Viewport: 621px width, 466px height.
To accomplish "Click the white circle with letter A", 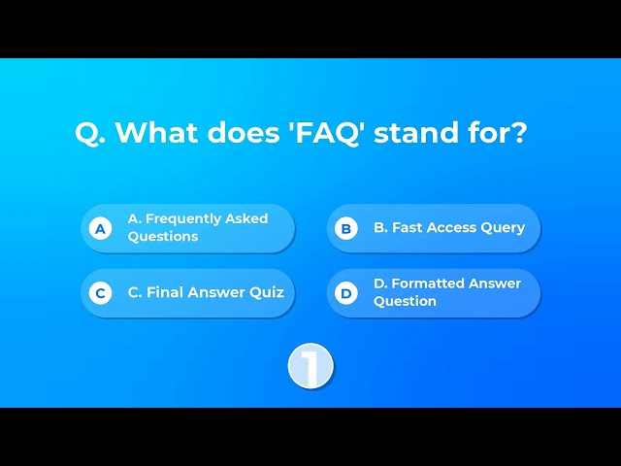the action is pyautogui.click(x=100, y=229).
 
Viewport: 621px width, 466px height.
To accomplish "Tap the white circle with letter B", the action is pyautogui.click(x=346, y=229).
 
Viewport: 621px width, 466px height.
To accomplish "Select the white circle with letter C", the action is pyautogui.click(x=100, y=293).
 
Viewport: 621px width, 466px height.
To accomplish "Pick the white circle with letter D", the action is pyautogui.click(x=346, y=293).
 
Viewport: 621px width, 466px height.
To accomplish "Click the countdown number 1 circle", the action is pyautogui.click(x=310, y=366).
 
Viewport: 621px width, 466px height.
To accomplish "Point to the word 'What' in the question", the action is pyautogui.click(x=157, y=132).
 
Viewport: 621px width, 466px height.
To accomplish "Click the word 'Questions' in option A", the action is pyautogui.click(x=163, y=237).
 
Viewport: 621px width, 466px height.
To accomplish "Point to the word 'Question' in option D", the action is pyautogui.click(x=405, y=301).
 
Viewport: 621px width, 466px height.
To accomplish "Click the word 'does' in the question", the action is pyautogui.click(x=244, y=132).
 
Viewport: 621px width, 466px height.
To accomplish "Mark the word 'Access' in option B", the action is pyautogui.click(x=451, y=227).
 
